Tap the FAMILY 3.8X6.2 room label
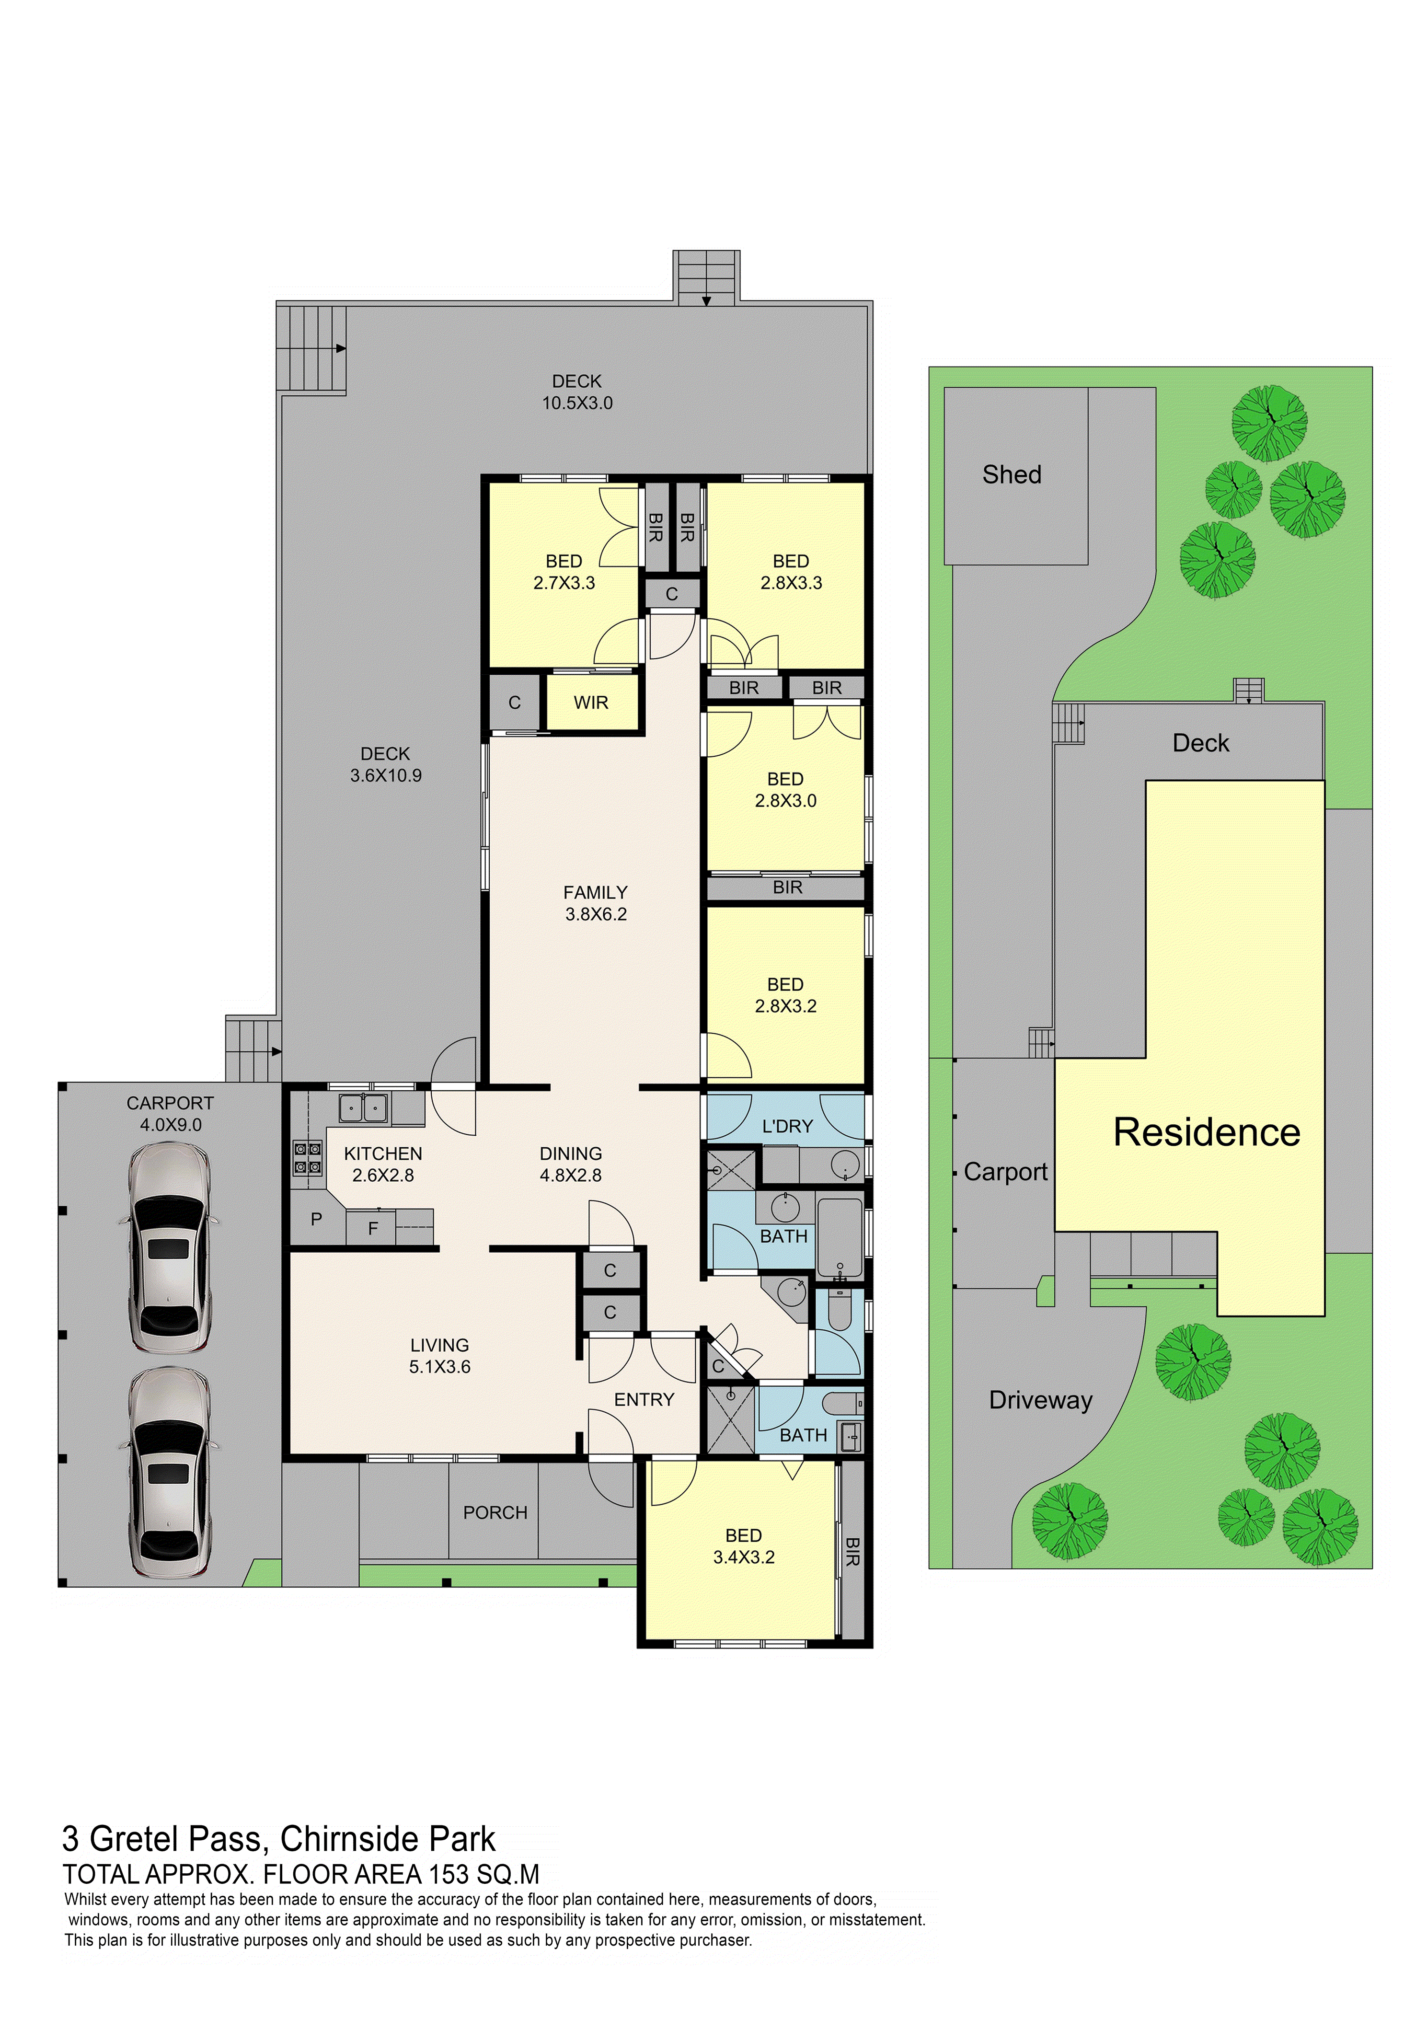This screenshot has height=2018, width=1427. (596, 903)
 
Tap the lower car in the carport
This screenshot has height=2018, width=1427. (170, 1474)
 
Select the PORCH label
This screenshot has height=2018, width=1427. (495, 1512)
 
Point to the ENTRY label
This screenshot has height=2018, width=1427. (644, 1400)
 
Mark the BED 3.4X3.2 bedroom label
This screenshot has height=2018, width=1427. (743, 1546)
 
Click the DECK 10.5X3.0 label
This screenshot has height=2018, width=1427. (577, 392)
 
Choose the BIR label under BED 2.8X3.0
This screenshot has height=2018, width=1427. (787, 888)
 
